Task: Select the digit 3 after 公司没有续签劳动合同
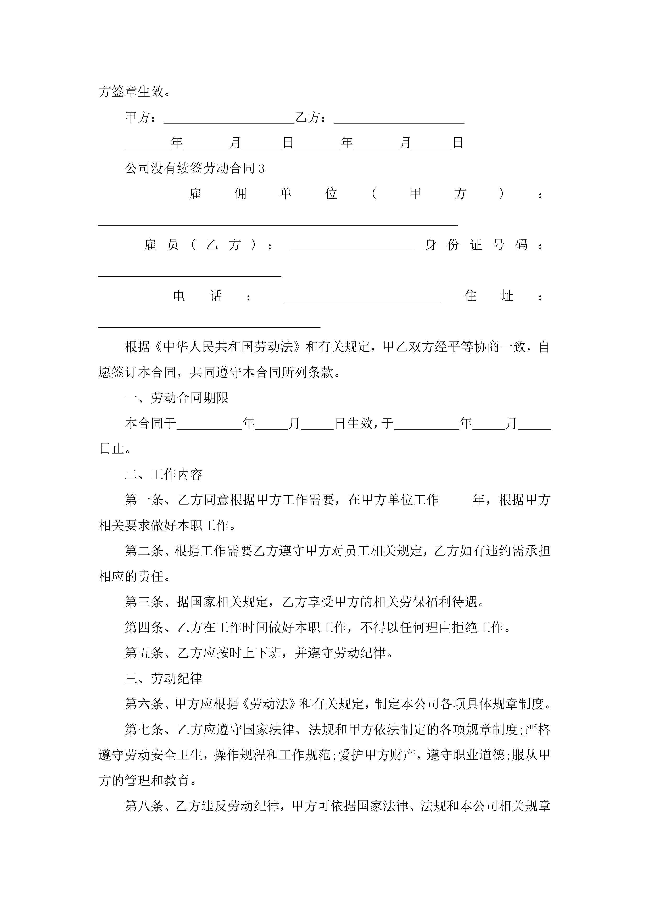pos(261,168)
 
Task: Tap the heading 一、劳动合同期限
pos(176,398)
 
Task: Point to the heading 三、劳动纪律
pos(164,679)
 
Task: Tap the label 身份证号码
pos(476,245)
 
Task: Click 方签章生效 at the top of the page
pos(131,92)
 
